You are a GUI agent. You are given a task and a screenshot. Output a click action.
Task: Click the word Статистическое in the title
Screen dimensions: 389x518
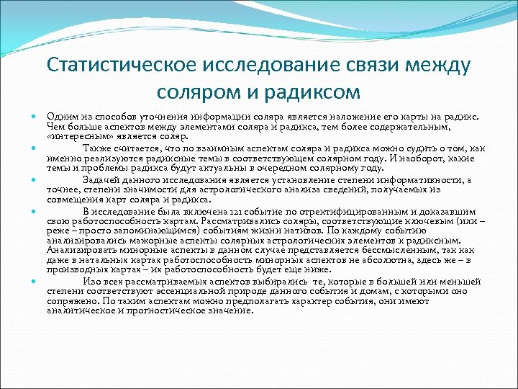(123, 67)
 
